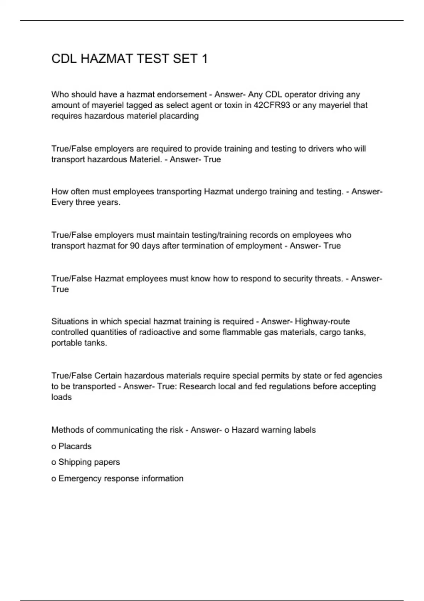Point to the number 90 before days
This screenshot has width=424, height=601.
(135, 246)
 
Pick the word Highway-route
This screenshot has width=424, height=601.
(322, 322)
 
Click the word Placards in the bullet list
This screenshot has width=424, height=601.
(75, 447)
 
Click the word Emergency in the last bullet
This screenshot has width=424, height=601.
(79, 479)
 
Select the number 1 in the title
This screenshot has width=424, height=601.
(204, 59)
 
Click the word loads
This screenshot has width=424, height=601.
(61, 397)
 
